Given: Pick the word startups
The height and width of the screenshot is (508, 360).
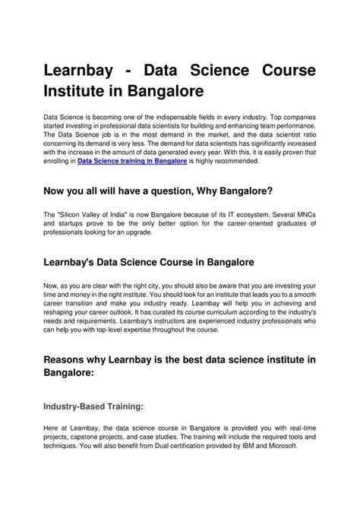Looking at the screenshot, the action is tap(70, 225).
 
